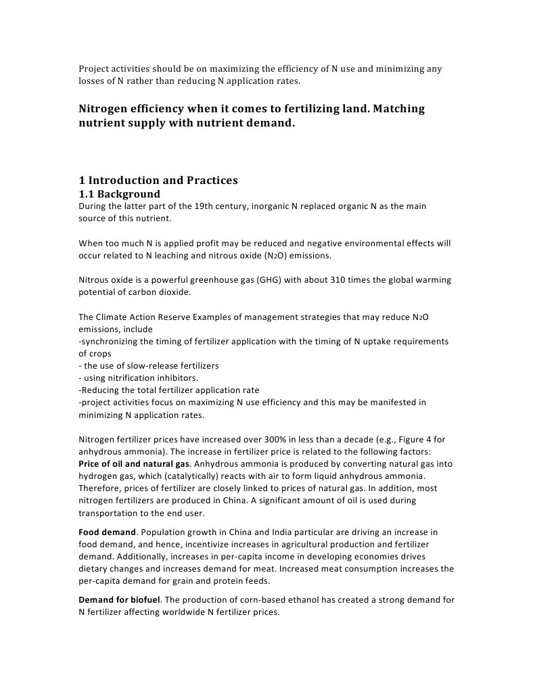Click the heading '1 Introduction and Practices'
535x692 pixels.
pyautogui.click(x=158, y=181)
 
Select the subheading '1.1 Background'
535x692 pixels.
pyautogui.click(x=119, y=194)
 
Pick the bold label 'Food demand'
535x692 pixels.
pyautogui.click(x=108, y=532)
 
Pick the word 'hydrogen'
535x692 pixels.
pyautogui.click(x=96, y=476)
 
